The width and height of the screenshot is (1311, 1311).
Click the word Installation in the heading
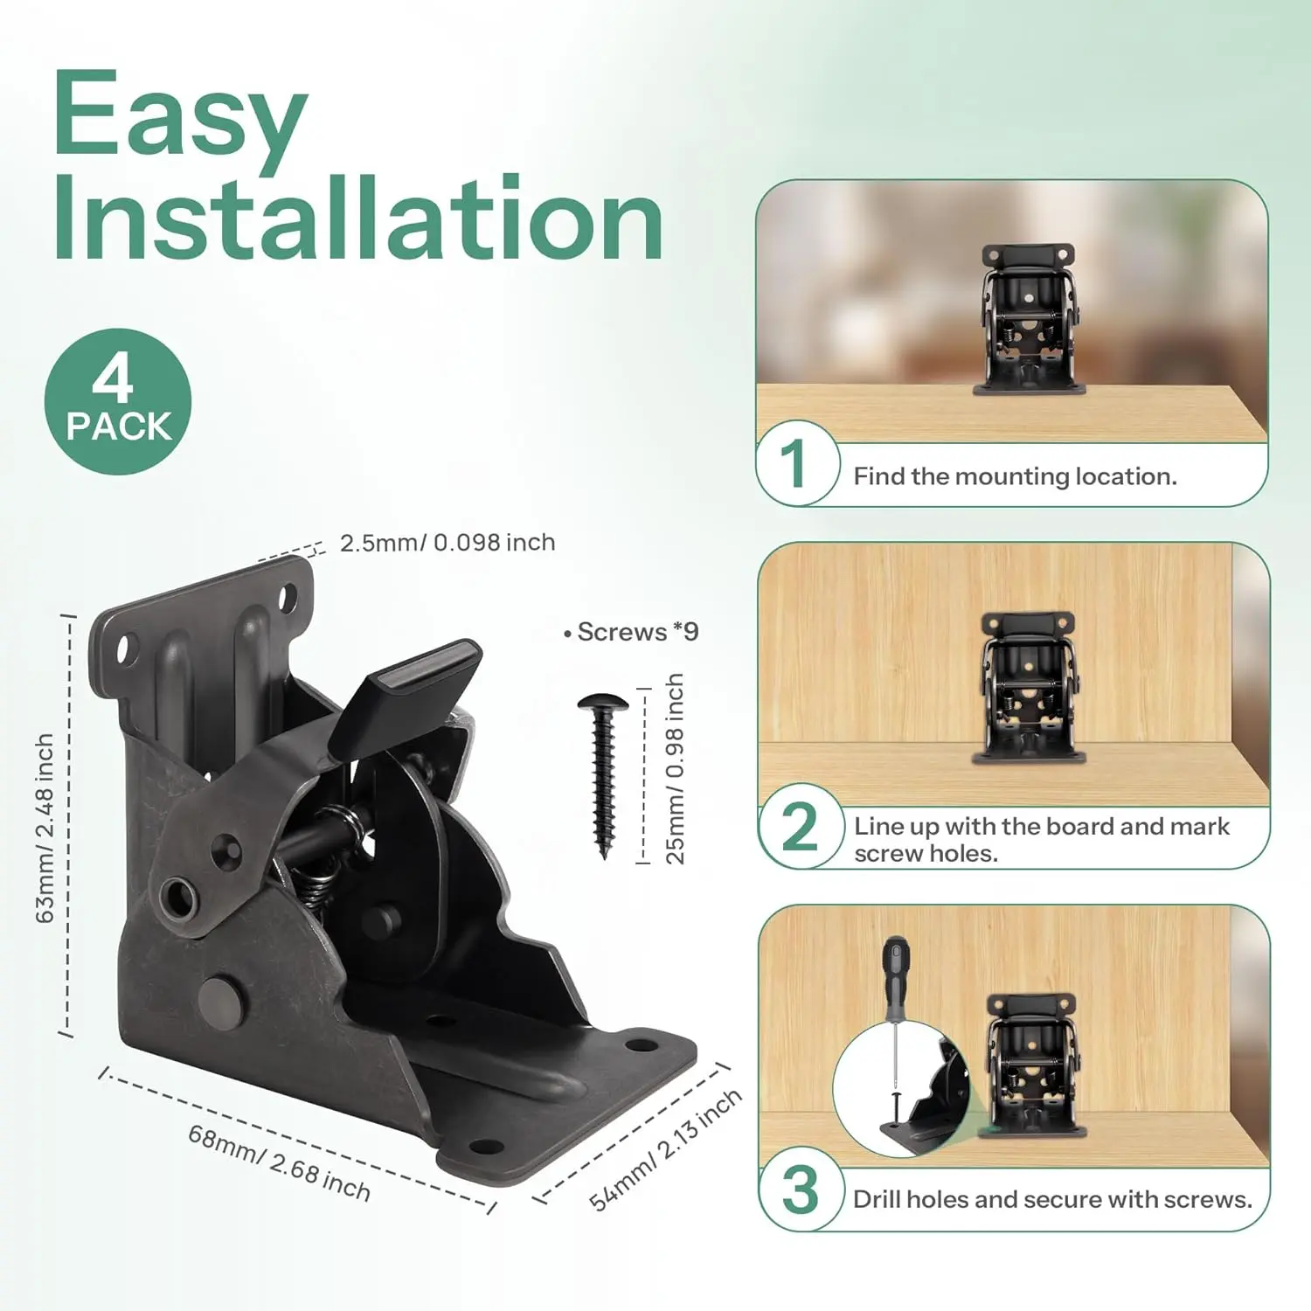[x=357, y=218]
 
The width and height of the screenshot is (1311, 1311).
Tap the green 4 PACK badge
[x=118, y=401]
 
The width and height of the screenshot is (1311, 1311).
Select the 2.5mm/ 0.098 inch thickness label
[x=447, y=543]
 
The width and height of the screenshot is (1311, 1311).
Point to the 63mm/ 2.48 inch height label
[x=45, y=828]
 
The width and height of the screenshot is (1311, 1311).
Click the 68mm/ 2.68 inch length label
[x=279, y=1163]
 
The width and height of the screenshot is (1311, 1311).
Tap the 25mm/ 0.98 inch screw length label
[x=675, y=769]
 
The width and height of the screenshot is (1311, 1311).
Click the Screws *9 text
[x=632, y=632]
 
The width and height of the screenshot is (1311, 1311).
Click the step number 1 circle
[x=796, y=463]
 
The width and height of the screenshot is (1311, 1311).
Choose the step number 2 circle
[x=799, y=826]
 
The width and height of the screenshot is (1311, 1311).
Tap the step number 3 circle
[x=800, y=1190]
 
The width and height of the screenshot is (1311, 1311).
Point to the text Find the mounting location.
[x=1016, y=476]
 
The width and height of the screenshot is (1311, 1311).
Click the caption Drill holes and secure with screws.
[x=1052, y=1199]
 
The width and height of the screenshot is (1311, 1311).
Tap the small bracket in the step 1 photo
[x=1030, y=320]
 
